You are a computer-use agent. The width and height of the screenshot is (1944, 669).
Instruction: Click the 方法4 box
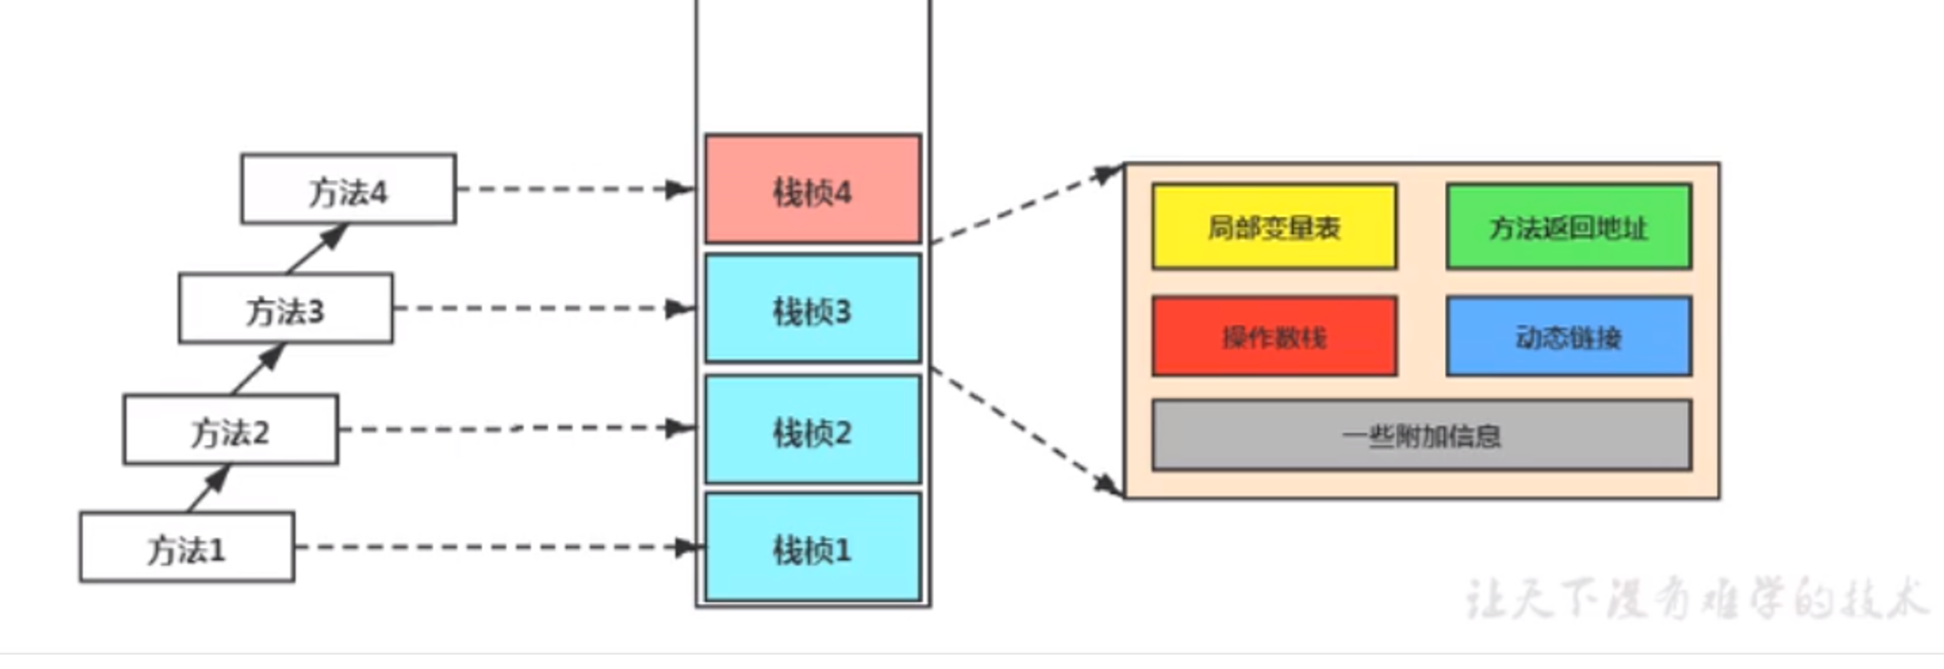coord(348,189)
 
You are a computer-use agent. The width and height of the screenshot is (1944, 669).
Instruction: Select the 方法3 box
coord(286,308)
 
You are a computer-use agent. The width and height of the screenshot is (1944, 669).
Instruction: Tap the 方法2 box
coord(231,429)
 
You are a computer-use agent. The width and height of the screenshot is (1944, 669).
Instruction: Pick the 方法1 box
coord(187,547)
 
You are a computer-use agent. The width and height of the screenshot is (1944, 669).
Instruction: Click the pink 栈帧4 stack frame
coord(813,189)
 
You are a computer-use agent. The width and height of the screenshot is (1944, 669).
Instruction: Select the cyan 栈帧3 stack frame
coord(813,309)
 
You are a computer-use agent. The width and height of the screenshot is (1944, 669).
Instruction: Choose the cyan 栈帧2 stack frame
coord(813,429)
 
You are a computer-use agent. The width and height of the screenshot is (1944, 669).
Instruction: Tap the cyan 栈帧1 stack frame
coord(813,547)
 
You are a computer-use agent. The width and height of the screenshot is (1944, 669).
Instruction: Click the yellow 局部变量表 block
coord(1274,227)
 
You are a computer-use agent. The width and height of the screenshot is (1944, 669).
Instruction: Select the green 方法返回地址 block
coord(1569,227)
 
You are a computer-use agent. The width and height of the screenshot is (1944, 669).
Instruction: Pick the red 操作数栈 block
coord(1274,336)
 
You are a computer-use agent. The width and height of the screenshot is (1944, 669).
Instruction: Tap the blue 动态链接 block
coord(1569,336)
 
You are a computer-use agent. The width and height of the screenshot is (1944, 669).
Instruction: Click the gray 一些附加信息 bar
coord(1421,436)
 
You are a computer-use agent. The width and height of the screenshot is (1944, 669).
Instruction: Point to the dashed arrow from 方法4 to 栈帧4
coord(575,189)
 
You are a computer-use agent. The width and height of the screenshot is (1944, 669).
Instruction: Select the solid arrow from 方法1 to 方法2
coord(209,488)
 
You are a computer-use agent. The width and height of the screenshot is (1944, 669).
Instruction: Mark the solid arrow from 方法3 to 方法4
coord(316,249)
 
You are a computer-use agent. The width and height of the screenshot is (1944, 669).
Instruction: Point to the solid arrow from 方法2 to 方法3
coord(258,369)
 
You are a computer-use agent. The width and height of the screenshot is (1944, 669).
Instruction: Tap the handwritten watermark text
coord(1695,598)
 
